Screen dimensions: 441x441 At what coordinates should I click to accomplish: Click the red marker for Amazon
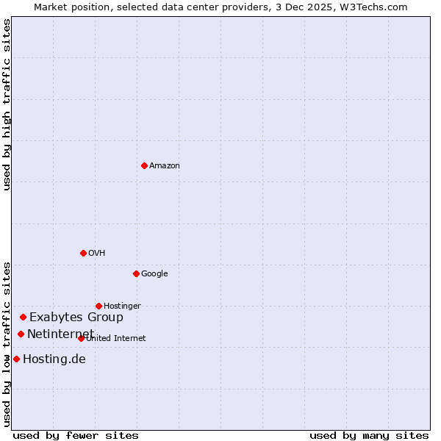click(144, 165)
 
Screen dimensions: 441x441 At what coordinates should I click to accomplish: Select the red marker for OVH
click(83, 253)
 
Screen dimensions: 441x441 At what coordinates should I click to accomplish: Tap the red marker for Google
click(136, 273)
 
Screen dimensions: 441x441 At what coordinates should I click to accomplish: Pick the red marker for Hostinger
click(98, 306)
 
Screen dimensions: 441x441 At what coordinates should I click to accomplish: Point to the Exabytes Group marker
click(23, 317)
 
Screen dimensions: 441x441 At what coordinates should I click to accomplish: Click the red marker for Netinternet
click(21, 334)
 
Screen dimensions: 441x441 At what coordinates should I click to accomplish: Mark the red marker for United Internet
click(81, 338)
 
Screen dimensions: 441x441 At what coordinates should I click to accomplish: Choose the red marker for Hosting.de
click(16, 359)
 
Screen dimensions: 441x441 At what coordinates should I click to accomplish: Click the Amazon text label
click(165, 166)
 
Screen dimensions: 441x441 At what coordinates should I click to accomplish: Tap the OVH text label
click(97, 254)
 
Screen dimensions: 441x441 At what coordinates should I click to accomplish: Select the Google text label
click(154, 274)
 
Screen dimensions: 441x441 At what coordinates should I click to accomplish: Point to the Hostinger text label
click(122, 306)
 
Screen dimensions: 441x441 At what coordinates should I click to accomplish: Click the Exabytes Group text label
click(76, 318)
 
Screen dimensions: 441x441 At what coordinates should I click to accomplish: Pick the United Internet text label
click(116, 339)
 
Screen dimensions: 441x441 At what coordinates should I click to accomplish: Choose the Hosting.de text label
click(54, 359)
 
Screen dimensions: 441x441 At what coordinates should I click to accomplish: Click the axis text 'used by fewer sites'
click(76, 435)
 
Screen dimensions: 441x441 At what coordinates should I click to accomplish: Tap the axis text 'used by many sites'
click(369, 435)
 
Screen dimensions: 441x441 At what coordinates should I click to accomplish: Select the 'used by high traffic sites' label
click(7, 104)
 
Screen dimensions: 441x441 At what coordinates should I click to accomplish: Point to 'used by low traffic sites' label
click(7, 344)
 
